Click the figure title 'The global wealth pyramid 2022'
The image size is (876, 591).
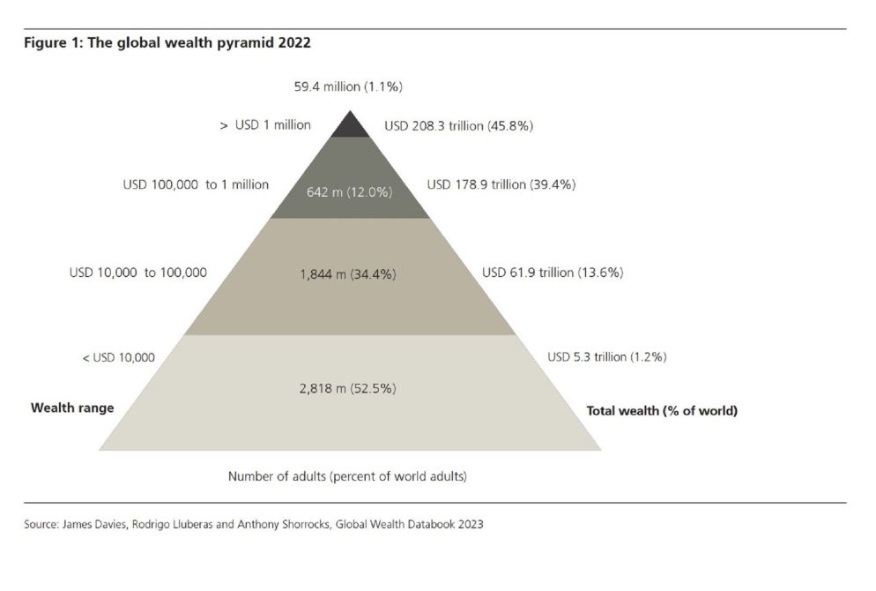click(x=212, y=42)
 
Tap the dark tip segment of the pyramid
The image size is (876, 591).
click(x=350, y=126)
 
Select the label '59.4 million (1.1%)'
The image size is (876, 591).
click(x=348, y=86)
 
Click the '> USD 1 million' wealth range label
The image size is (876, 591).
click(x=265, y=125)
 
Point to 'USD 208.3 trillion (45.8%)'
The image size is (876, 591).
click(x=458, y=126)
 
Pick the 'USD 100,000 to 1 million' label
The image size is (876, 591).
click(x=196, y=185)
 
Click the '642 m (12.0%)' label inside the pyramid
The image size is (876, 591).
click(x=349, y=191)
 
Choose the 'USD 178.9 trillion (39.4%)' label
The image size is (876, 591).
click(x=501, y=185)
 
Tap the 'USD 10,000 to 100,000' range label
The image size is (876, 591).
click(x=138, y=273)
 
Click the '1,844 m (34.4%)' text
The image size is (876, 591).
click(x=348, y=274)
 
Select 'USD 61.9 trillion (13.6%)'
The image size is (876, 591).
click(x=553, y=273)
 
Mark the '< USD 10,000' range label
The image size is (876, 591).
click(x=118, y=357)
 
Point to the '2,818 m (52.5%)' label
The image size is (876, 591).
click(x=348, y=388)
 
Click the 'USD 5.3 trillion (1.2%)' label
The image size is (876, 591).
click(x=606, y=357)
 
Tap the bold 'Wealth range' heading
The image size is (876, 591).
click(x=72, y=408)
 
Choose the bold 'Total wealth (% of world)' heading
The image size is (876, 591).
click(x=662, y=411)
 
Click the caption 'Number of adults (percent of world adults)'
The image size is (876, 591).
click(x=347, y=477)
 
